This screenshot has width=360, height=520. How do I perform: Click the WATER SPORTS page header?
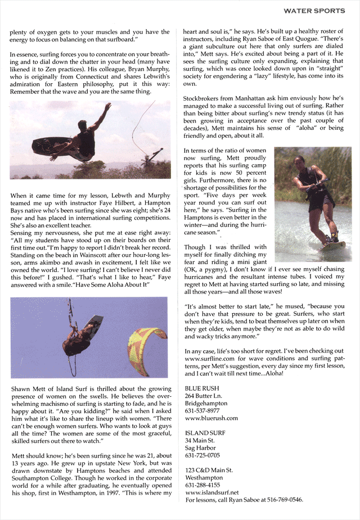[314, 11]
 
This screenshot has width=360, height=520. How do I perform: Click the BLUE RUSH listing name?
[201, 388]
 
